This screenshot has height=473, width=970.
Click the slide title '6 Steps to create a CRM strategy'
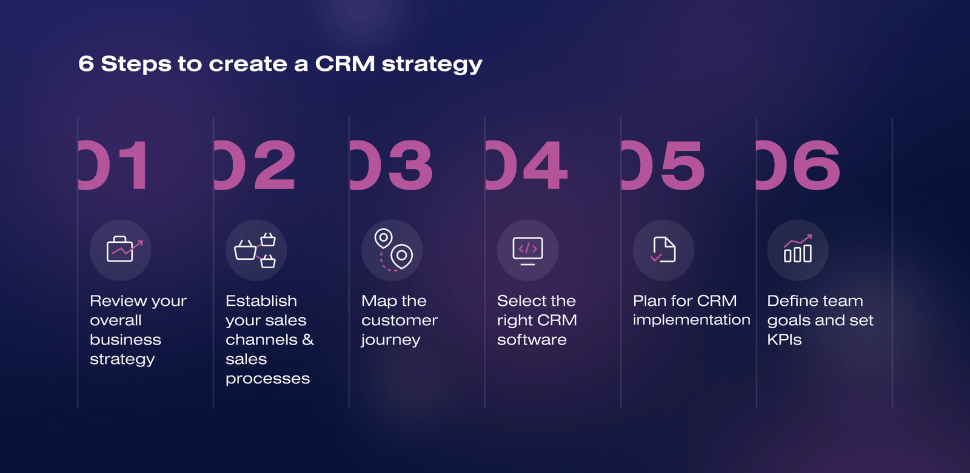(280, 64)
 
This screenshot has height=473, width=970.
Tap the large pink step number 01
(115, 165)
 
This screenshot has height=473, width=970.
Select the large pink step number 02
(255, 165)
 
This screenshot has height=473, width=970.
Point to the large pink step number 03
(391, 165)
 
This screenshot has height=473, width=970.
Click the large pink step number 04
(527, 165)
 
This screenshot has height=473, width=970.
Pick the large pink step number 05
(663, 165)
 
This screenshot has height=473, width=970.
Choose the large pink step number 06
(798, 165)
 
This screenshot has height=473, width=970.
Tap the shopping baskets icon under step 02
(255, 250)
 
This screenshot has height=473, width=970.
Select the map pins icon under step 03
(393, 250)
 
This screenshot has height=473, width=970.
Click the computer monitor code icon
(527, 251)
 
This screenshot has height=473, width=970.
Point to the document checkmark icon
(663, 250)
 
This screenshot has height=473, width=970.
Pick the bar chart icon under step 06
(798, 248)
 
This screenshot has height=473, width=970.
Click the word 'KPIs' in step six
(784, 340)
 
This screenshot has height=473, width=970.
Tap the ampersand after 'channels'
(308, 339)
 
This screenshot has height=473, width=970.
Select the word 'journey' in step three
(390, 340)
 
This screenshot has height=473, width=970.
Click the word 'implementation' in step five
(692, 320)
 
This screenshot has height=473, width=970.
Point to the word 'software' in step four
(532, 340)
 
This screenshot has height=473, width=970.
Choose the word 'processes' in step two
(267, 379)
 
